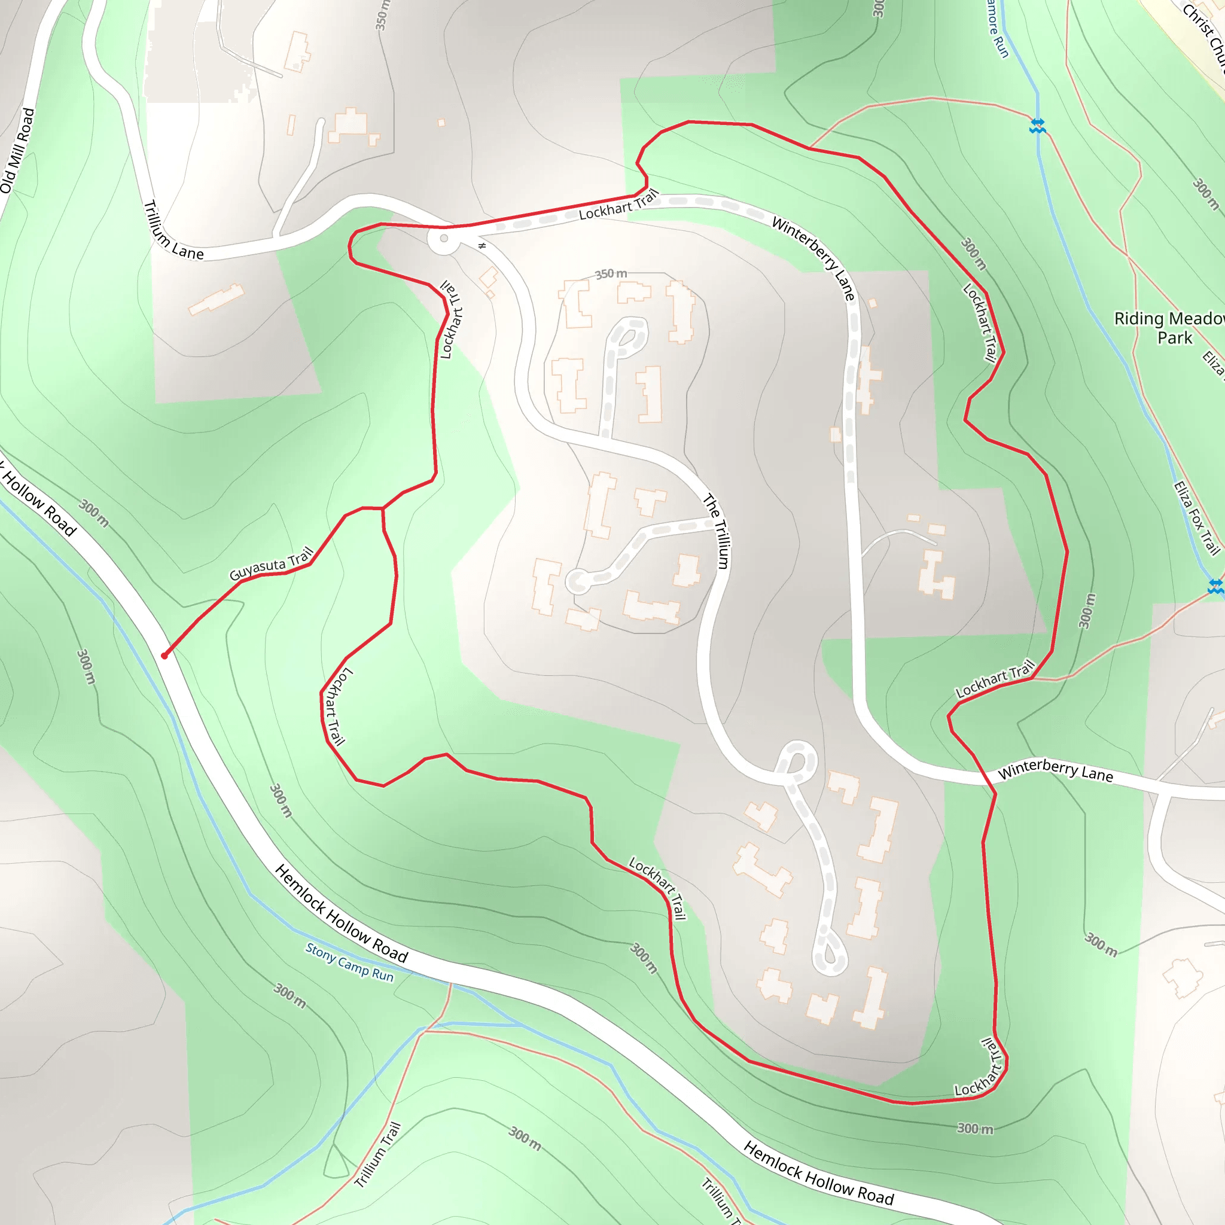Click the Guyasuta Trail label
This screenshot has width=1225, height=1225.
coord(272,563)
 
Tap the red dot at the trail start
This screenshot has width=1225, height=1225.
coord(164,656)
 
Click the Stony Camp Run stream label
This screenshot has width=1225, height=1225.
coord(349,962)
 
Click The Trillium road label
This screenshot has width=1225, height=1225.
coord(717,531)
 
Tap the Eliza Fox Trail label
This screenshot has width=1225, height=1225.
coord(1196,518)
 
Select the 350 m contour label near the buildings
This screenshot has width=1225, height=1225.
coord(611,274)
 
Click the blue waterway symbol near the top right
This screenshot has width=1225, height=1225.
coord(1037,126)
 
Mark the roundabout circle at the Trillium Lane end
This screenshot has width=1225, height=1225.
coord(444,239)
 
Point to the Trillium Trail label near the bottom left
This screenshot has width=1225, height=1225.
coord(378,1154)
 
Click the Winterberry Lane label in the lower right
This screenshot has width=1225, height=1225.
coord(1055,770)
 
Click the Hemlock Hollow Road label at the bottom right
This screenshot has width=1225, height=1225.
coord(818,1173)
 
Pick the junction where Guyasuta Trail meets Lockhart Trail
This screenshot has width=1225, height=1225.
coord(382,508)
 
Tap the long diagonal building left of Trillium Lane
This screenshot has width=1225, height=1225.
coord(216,299)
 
